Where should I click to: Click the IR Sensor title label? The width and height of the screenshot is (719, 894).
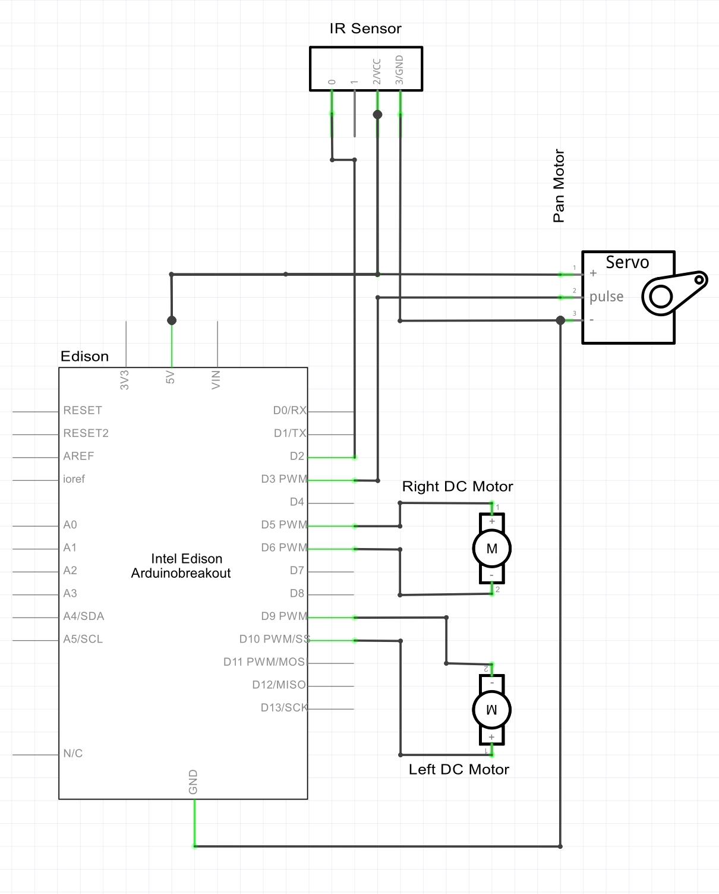pos(365,29)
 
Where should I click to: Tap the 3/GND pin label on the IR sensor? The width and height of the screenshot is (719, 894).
pos(399,70)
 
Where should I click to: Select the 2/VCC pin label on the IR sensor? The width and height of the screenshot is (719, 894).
pos(377,71)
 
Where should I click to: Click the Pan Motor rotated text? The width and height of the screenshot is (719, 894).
pos(559,185)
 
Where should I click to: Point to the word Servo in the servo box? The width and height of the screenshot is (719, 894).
pos(627,263)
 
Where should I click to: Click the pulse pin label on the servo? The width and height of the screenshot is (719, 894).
pos(606,297)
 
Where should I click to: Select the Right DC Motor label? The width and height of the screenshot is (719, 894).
pos(457,487)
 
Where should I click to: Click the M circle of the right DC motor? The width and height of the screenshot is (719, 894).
pos(491,549)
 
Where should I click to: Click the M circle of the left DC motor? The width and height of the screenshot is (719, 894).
pos(491,710)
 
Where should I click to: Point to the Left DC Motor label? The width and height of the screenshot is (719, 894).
pos(459,770)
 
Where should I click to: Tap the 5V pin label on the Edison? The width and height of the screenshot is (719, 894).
pos(171,377)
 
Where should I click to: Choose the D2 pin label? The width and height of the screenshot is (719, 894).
pos(297,457)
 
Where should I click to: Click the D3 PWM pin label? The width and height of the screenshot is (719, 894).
pos(284,479)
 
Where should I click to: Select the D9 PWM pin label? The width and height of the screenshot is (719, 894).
pos(284,616)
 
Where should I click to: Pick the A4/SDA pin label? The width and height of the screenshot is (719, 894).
pos(84,616)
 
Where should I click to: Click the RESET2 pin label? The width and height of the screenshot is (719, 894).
pos(86,433)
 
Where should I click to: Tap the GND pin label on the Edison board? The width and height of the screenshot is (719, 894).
pos(193,782)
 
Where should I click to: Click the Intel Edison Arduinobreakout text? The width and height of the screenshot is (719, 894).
pos(182,566)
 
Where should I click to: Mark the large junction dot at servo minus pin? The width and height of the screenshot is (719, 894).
pos(560,320)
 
